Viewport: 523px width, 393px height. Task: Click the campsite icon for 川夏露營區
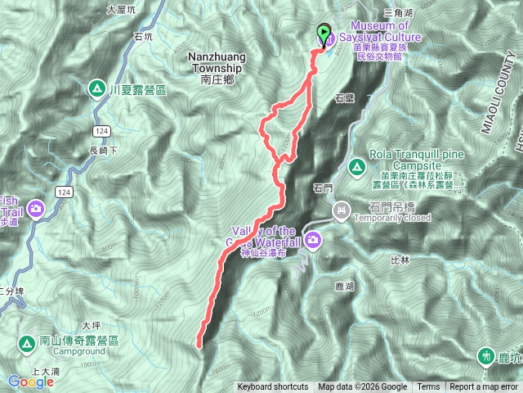(x=97, y=88)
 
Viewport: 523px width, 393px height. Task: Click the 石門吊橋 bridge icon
(x=341, y=213)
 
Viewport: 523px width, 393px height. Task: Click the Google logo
(x=30, y=382)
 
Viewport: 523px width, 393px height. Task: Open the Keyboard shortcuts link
(x=273, y=387)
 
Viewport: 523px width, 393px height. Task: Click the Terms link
(x=428, y=387)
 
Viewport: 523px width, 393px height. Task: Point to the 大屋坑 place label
(x=120, y=10)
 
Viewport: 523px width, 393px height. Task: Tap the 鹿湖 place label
(x=344, y=287)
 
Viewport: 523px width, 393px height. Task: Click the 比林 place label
(x=400, y=260)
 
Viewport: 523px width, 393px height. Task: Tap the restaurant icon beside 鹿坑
(x=487, y=356)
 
